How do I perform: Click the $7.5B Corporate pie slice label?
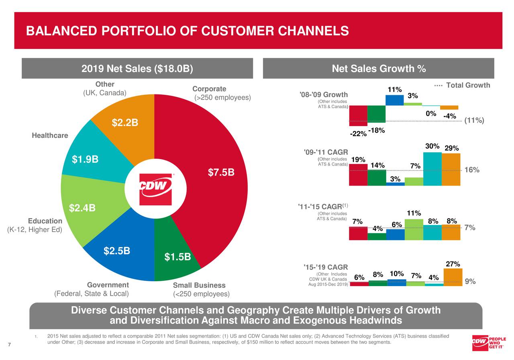[x=221, y=173]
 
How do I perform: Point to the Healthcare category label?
[x=50, y=135]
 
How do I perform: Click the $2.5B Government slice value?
[x=116, y=251]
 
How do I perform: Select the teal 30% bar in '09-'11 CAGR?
[x=432, y=169]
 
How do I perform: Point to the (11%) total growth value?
[x=474, y=121]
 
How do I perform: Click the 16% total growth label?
[x=472, y=170]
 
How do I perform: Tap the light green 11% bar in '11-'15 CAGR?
[x=414, y=229]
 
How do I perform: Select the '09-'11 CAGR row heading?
[x=326, y=152]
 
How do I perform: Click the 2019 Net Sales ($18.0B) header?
[x=137, y=69]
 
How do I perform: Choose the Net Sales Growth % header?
[x=378, y=69]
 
